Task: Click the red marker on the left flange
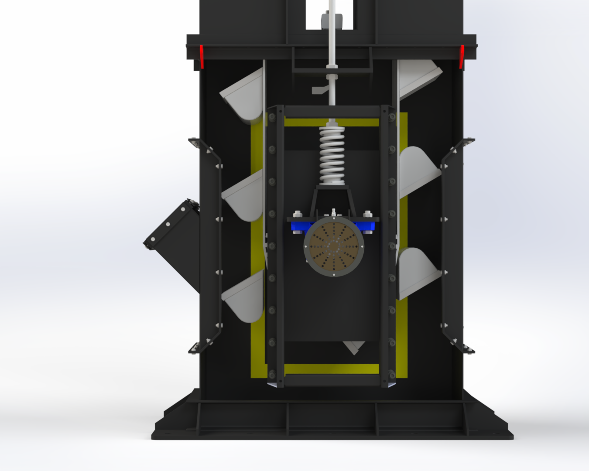coord(202,56)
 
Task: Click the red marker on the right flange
coord(462,56)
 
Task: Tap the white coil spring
coord(332,155)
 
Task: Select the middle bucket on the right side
coord(417,172)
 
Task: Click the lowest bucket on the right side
coord(417,273)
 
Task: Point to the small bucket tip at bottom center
coord(354,347)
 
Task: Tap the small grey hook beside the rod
coord(320,90)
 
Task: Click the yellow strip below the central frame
coord(332,369)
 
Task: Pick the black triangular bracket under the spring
coord(332,201)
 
